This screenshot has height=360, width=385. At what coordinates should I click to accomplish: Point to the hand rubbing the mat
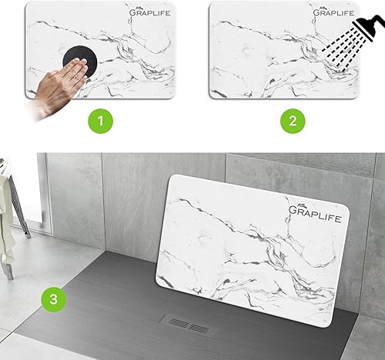tap(62, 85)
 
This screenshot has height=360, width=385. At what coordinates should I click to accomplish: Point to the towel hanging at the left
tap(6, 208)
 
